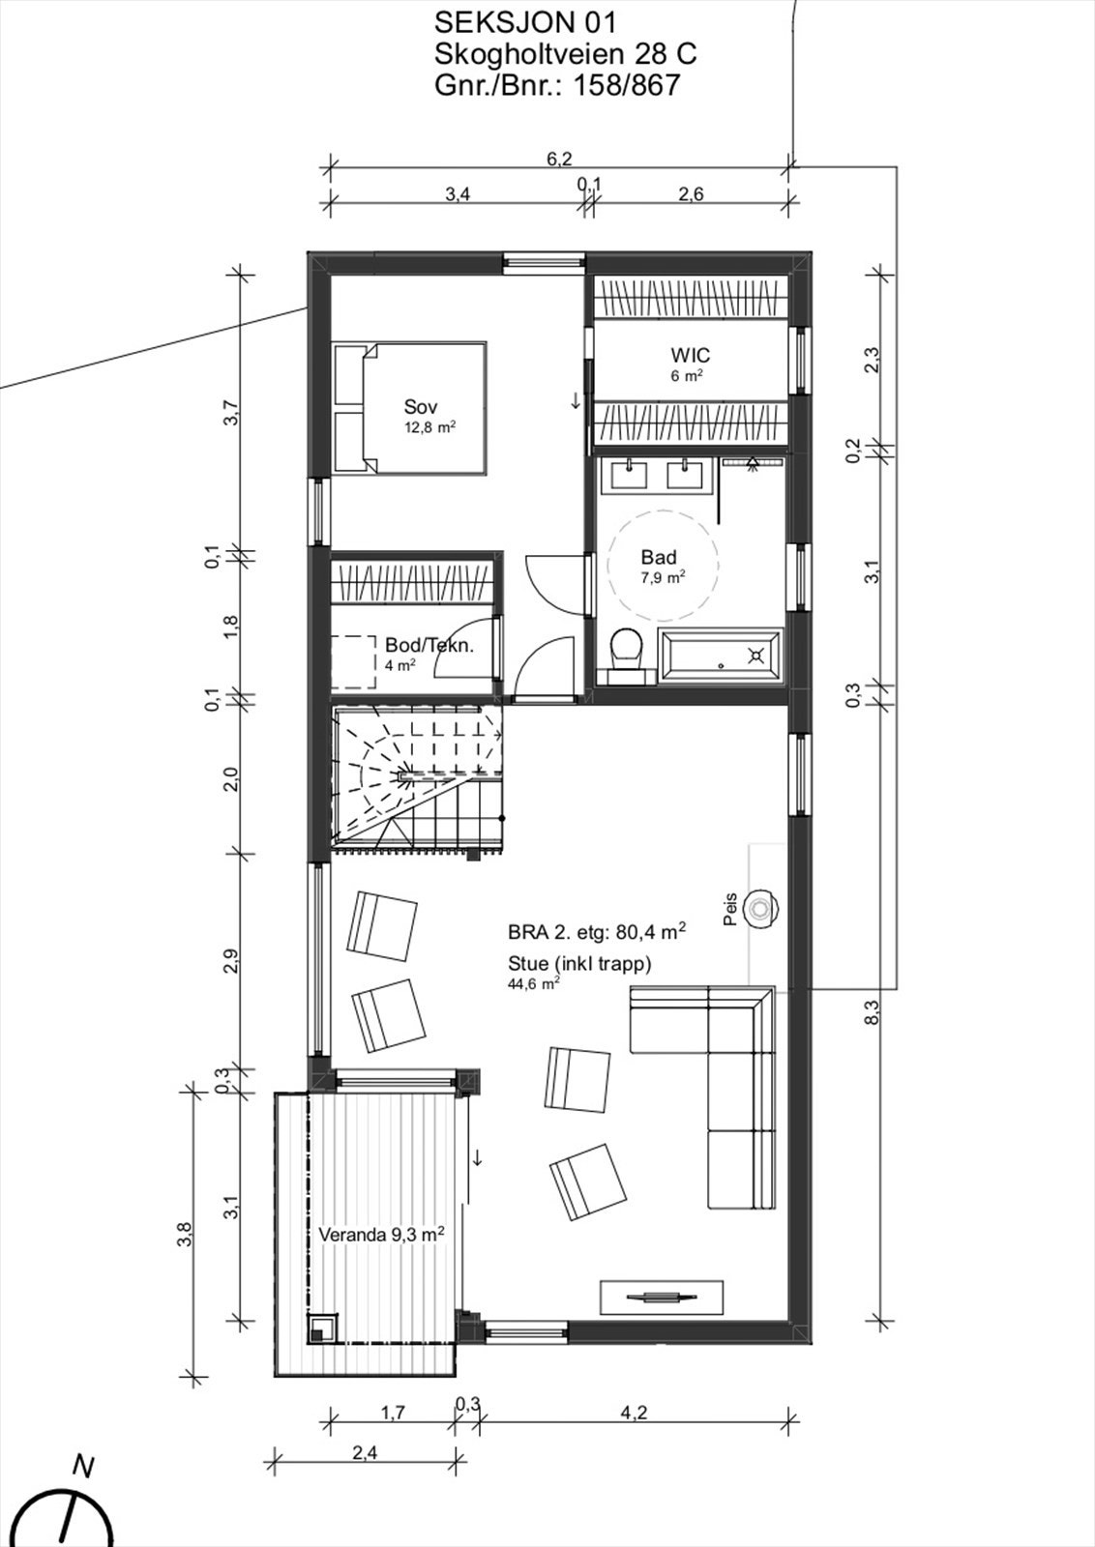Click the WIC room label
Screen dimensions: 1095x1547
pyautogui.click(x=690, y=355)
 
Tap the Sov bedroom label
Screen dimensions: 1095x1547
pyautogui.click(x=421, y=407)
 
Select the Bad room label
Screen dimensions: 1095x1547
pyautogui.click(x=659, y=557)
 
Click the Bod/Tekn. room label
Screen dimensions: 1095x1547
pyautogui.click(x=429, y=645)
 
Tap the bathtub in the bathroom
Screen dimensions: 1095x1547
pyautogui.click(x=721, y=656)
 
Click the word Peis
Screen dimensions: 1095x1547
pyautogui.click(x=730, y=909)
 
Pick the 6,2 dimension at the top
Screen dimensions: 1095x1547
pyautogui.click(x=559, y=159)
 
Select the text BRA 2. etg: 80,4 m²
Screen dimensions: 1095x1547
pyautogui.click(x=597, y=932)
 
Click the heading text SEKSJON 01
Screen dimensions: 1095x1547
pyautogui.click(x=524, y=23)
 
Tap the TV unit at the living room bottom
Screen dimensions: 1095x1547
pyautogui.click(x=661, y=1297)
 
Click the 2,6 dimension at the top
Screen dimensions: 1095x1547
pyautogui.click(x=690, y=194)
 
